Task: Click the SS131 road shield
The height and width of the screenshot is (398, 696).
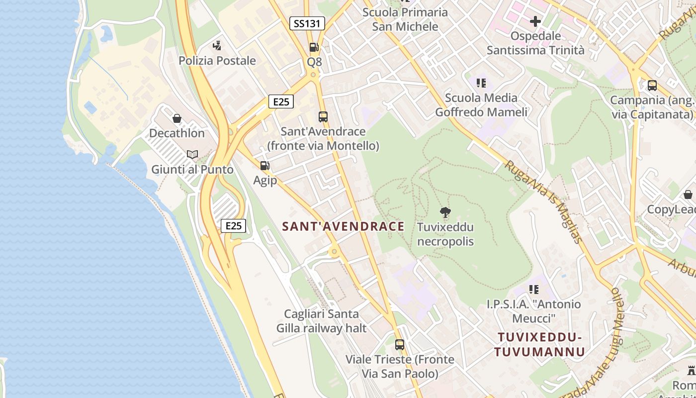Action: coord(307,23)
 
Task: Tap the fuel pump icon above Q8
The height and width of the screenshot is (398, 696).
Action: coord(314,47)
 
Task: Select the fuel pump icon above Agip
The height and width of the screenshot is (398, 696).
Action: coord(265,166)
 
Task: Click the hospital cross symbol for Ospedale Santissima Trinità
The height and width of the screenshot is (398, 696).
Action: coord(535,21)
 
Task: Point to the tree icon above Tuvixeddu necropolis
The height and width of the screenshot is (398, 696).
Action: coord(445,212)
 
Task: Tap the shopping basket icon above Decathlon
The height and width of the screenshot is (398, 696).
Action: coord(176,118)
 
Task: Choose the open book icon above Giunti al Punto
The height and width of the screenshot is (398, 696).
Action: coord(192,155)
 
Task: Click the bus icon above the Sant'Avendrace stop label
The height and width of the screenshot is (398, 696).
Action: coord(323,117)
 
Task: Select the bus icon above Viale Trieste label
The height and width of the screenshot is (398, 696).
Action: coord(400,344)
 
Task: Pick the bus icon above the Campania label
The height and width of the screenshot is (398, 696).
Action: coord(652,86)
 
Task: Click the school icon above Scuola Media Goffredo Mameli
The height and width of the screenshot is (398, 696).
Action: coord(481,83)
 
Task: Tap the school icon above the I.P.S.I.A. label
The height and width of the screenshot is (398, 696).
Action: coord(534,289)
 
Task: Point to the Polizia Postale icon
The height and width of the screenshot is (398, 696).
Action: coord(217,46)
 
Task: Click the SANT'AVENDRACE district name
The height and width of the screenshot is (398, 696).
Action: coord(343,226)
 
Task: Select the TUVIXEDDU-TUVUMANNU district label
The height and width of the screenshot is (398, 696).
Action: coord(539,345)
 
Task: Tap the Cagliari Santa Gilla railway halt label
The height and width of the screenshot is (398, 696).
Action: coord(322,321)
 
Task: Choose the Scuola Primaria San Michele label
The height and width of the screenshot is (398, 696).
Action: coord(405,19)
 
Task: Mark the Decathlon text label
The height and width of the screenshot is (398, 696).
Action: coord(177,133)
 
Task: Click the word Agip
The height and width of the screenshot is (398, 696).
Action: coord(265,180)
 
